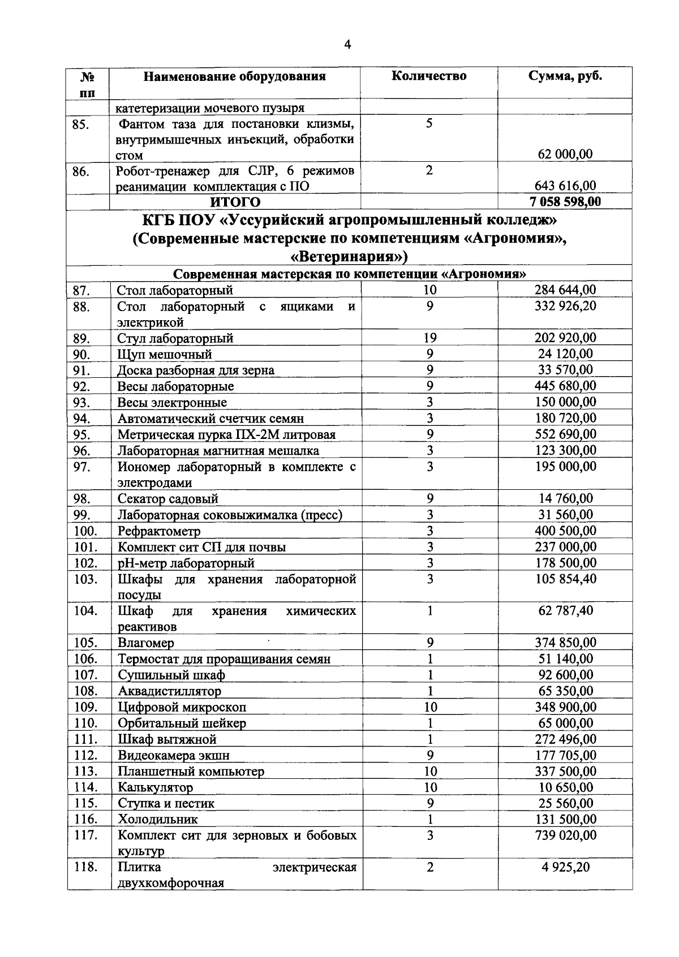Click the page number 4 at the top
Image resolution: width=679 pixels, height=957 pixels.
(347, 45)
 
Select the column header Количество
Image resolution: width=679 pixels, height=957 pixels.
(429, 76)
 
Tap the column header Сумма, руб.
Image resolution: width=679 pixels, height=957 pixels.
(565, 76)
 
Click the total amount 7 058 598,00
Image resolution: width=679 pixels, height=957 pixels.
(565, 202)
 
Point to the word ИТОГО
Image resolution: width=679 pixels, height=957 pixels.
(235, 202)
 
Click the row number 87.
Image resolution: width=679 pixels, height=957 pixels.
(82, 291)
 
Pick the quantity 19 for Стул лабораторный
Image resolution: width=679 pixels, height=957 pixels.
(429, 338)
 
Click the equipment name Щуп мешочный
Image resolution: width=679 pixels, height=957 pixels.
(164, 355)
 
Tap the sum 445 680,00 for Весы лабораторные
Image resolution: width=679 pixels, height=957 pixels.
(565, 386)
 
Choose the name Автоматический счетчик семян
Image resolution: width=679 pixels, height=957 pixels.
(210, 419)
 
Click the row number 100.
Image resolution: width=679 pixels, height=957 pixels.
(85, 531)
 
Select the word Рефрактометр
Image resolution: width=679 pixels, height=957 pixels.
(159, 531)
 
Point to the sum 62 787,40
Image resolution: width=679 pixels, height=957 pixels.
(565, 611)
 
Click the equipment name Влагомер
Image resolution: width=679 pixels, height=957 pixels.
(145, 643)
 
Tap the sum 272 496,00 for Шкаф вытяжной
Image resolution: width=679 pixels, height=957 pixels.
(565, 739)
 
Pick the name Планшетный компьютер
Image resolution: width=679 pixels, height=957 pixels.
(191, 771)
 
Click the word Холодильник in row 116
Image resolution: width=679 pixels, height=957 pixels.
(158, 820)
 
